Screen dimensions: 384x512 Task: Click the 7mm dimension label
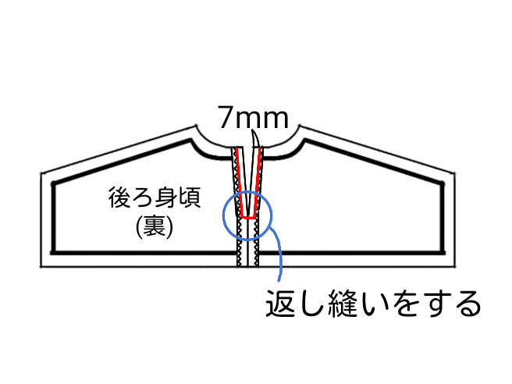click(253, 119)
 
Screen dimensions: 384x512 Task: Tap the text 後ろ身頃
click(155, 198)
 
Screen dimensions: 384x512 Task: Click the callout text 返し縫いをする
click(371, 302)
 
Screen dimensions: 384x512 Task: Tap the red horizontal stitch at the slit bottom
click(249, 217)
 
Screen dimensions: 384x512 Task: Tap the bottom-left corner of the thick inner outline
click(52, 252)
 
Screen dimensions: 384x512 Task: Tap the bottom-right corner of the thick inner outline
click(447, 252)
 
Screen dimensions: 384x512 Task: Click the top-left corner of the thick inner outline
click(52, 184)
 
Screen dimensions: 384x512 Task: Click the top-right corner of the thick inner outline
click(447, 184)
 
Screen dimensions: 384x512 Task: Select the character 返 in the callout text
click(279, 302)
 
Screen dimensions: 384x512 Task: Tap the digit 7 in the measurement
click(226, 119)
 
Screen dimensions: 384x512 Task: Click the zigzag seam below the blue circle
click(248, 254)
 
